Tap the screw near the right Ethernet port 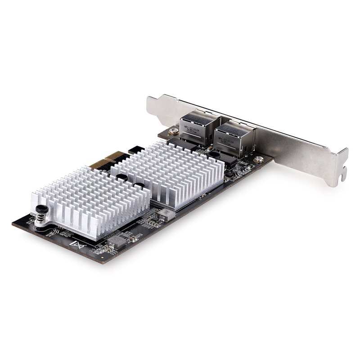pyautogui.click(x=258, y=159)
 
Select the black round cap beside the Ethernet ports pyautogui.click(x=214, y=154)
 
